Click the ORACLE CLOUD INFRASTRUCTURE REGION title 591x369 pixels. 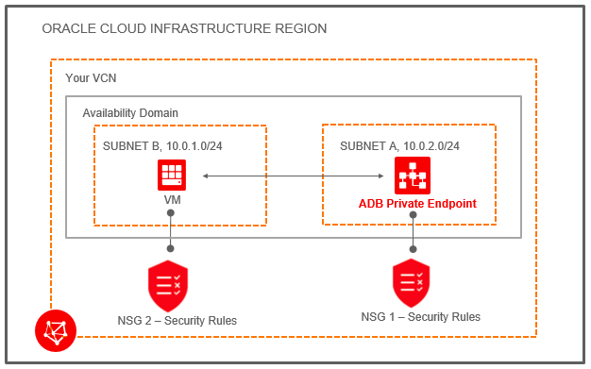coord(184,29)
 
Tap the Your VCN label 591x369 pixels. coord(91,77)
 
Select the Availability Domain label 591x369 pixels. coord(130,112)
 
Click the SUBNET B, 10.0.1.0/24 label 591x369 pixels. coord(162,145)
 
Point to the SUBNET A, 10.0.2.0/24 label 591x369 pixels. coord(399,145)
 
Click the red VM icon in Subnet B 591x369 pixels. coord(171,175)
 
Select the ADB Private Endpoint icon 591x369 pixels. coord(412,175)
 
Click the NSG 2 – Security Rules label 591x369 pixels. coord(177,321)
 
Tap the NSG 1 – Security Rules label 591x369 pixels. coord(420,317)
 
